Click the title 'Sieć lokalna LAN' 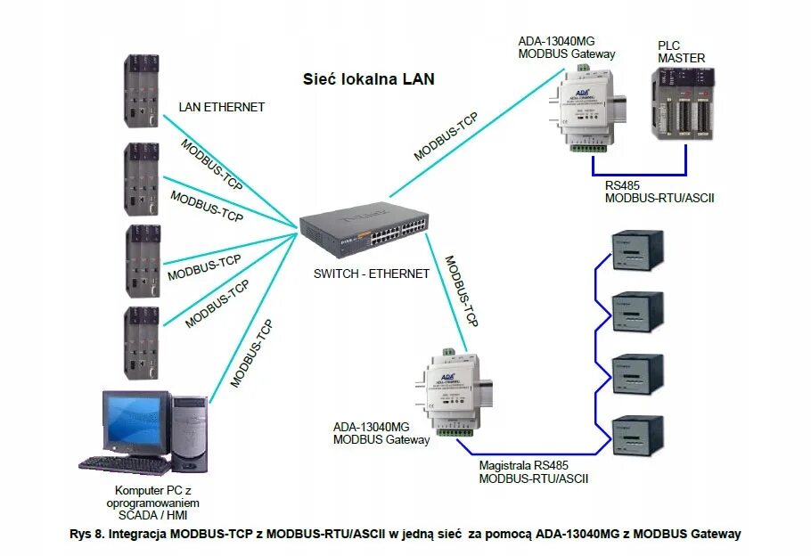pos(368,79)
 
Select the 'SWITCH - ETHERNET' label pos(371,274)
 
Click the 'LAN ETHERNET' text pos(222,107)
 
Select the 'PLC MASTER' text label pos(681,52)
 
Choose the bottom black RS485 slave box pos(636,435)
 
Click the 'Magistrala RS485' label pos(523,465)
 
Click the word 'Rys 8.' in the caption pos(86,534)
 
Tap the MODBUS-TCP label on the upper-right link pos(446,137)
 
